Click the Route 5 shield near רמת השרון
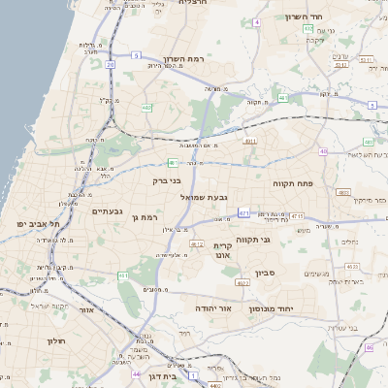(x=137, y=55)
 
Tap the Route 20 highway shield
(x=111, y=65)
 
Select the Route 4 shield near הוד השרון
(x=255, y=21)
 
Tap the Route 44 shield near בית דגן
(x=136, y=373)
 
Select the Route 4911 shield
(x=249, y=142)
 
